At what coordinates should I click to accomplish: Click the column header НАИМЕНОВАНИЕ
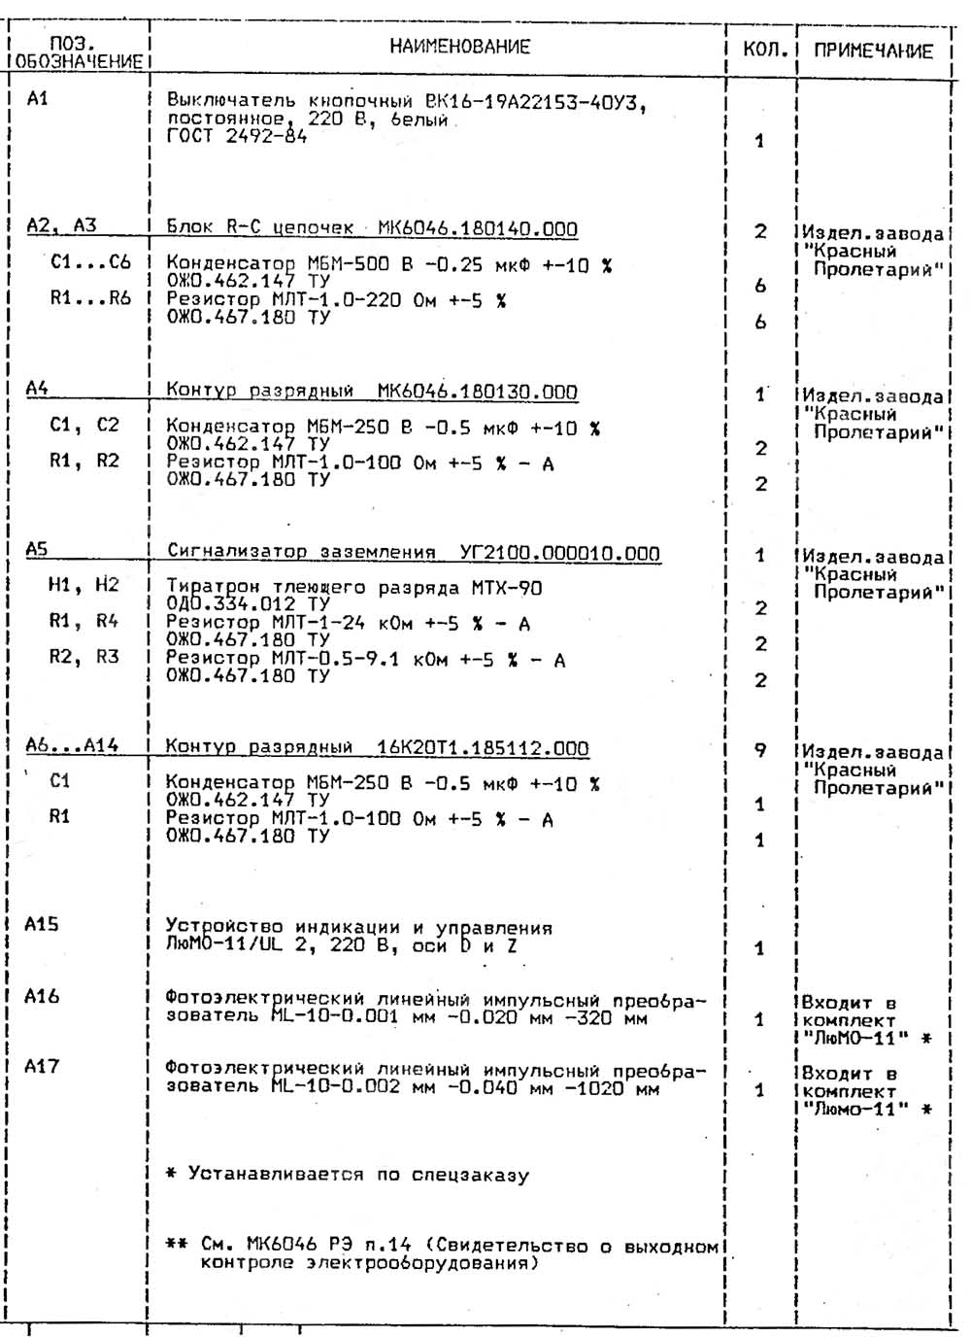[459, 47]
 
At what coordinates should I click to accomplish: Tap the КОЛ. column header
[764, 50]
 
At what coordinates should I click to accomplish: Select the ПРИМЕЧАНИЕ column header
[873, 51]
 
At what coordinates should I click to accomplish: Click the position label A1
[38, 98]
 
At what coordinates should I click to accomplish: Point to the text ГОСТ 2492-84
[236, 137]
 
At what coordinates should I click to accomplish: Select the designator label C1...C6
[90, 262]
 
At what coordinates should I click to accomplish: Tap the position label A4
[38, 389]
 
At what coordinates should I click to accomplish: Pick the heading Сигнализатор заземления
[301, 552]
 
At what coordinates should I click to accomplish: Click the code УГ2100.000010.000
[559, 553]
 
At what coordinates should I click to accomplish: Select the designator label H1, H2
[84, 585]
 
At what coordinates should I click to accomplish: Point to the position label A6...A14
[72, 746]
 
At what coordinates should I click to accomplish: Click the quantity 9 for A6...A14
[760, 750]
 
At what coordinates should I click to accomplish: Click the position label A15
[42, 924]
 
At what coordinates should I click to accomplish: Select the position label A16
[42, 996]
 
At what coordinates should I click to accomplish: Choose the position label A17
[42, 1067]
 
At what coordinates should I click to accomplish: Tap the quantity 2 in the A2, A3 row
[760, 231]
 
